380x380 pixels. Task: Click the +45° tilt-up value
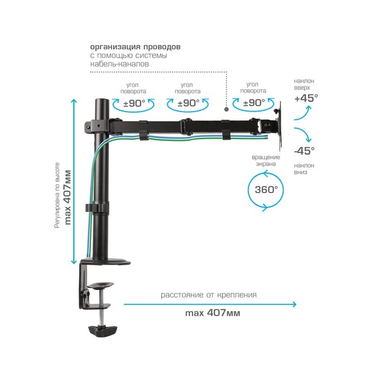[306, 98]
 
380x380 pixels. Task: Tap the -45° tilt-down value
[305, 151]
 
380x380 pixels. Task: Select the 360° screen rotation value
[266, 189]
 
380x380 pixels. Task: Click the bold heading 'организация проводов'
[135, 47]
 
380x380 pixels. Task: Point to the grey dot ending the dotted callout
[226, 109]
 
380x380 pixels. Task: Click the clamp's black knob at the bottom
[103, 331]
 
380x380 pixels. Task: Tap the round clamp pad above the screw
[100, 285]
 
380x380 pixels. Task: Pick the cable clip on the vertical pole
[96, 208]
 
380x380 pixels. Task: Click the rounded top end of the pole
[102, 100]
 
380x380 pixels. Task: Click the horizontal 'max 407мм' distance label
[212, 313]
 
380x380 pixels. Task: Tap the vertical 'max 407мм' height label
[68, 197]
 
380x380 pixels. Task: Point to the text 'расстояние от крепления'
[209, 295]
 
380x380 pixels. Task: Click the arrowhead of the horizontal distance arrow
[294, 304]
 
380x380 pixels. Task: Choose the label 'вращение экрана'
[266, 160]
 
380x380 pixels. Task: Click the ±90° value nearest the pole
[134, 103]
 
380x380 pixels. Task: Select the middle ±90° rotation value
[188, 103]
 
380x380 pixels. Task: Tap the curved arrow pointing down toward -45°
[303, 134]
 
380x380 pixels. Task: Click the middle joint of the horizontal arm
[186, 126]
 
